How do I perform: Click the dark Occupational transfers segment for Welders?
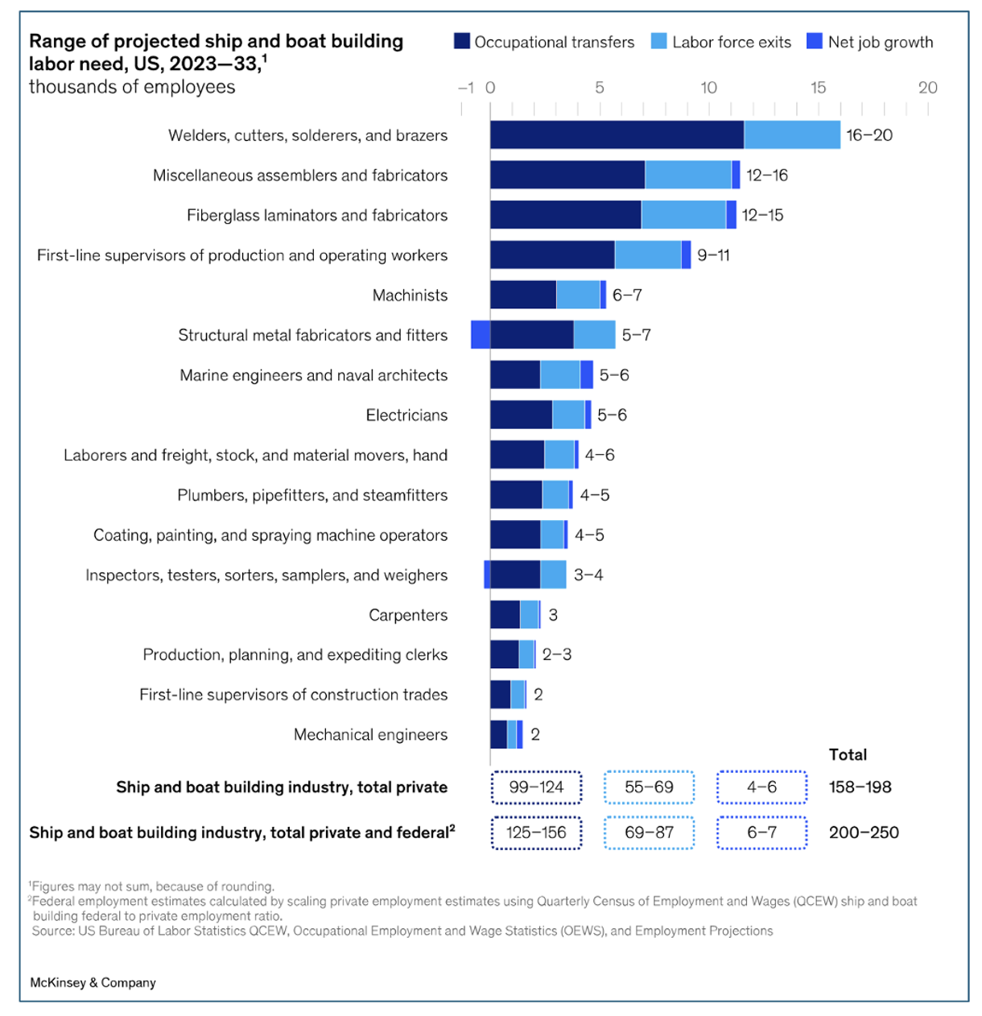pos(617,135)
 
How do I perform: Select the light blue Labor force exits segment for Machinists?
pos(578,295)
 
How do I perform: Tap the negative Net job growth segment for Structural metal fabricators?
pos(481,335)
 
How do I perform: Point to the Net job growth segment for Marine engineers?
pos(587,375)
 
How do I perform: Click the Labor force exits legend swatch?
pos(659,42)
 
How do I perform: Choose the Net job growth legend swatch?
pos(815,42)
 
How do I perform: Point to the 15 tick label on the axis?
pos(818,88)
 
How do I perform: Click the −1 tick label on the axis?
pos(465,88)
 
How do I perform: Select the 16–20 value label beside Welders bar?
pos(869,135)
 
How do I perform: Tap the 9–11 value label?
pos(713,255)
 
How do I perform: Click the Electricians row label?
pos(406,415)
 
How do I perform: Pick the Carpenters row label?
pos(408,615)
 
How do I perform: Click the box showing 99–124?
pos(536,787)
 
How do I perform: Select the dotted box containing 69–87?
pos(649,832)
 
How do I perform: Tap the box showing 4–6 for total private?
pos(761,787)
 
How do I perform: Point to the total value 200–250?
pos(864,832)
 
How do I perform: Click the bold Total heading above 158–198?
pos(848,754)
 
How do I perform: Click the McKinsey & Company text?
pos(93,982)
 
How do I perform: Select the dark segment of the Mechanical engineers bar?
pos(498,735)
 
